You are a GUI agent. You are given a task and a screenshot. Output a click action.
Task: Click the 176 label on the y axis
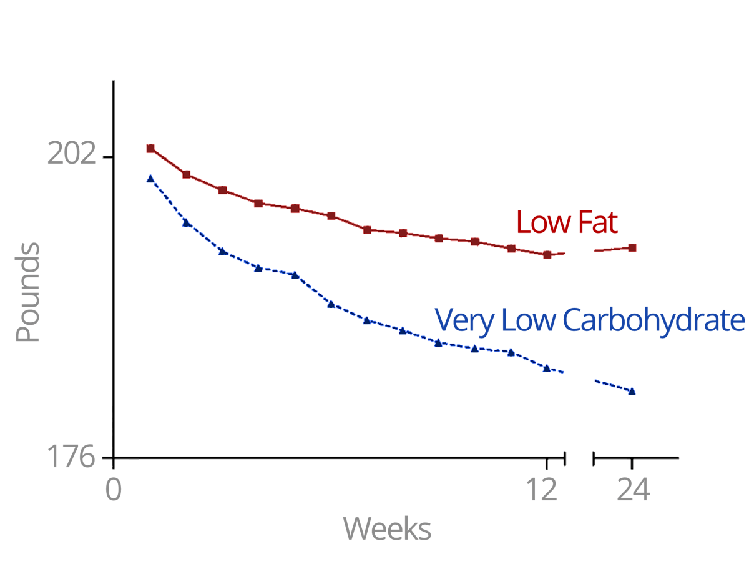(x=72, y=458)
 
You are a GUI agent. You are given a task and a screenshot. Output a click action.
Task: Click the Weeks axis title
(x=387, y=529)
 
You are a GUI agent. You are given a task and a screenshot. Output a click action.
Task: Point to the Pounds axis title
(x=28, y=292)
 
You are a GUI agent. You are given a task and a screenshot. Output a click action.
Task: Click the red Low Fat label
(x=566, y=222)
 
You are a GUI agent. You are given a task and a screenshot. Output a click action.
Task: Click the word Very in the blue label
(x=459, y=321)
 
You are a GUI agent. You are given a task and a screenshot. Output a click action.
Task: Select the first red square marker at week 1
(x=150, y=148)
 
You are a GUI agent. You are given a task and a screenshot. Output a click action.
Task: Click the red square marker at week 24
(x=632, y=248)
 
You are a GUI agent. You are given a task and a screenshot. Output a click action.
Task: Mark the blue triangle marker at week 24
(x=632, y=392)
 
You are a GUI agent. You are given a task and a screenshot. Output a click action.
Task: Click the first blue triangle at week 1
(x=150, y=179)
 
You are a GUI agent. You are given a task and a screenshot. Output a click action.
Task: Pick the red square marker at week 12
(x=547, y=255)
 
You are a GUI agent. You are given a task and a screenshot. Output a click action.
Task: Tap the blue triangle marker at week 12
(x=547, y=368)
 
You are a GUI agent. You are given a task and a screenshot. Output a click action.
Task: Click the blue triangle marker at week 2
(x=186, y=222)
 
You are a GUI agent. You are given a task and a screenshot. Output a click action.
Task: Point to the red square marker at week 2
(x=186, y=174)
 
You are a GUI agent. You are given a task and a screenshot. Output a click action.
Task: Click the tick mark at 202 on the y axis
(x=107, y=157)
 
